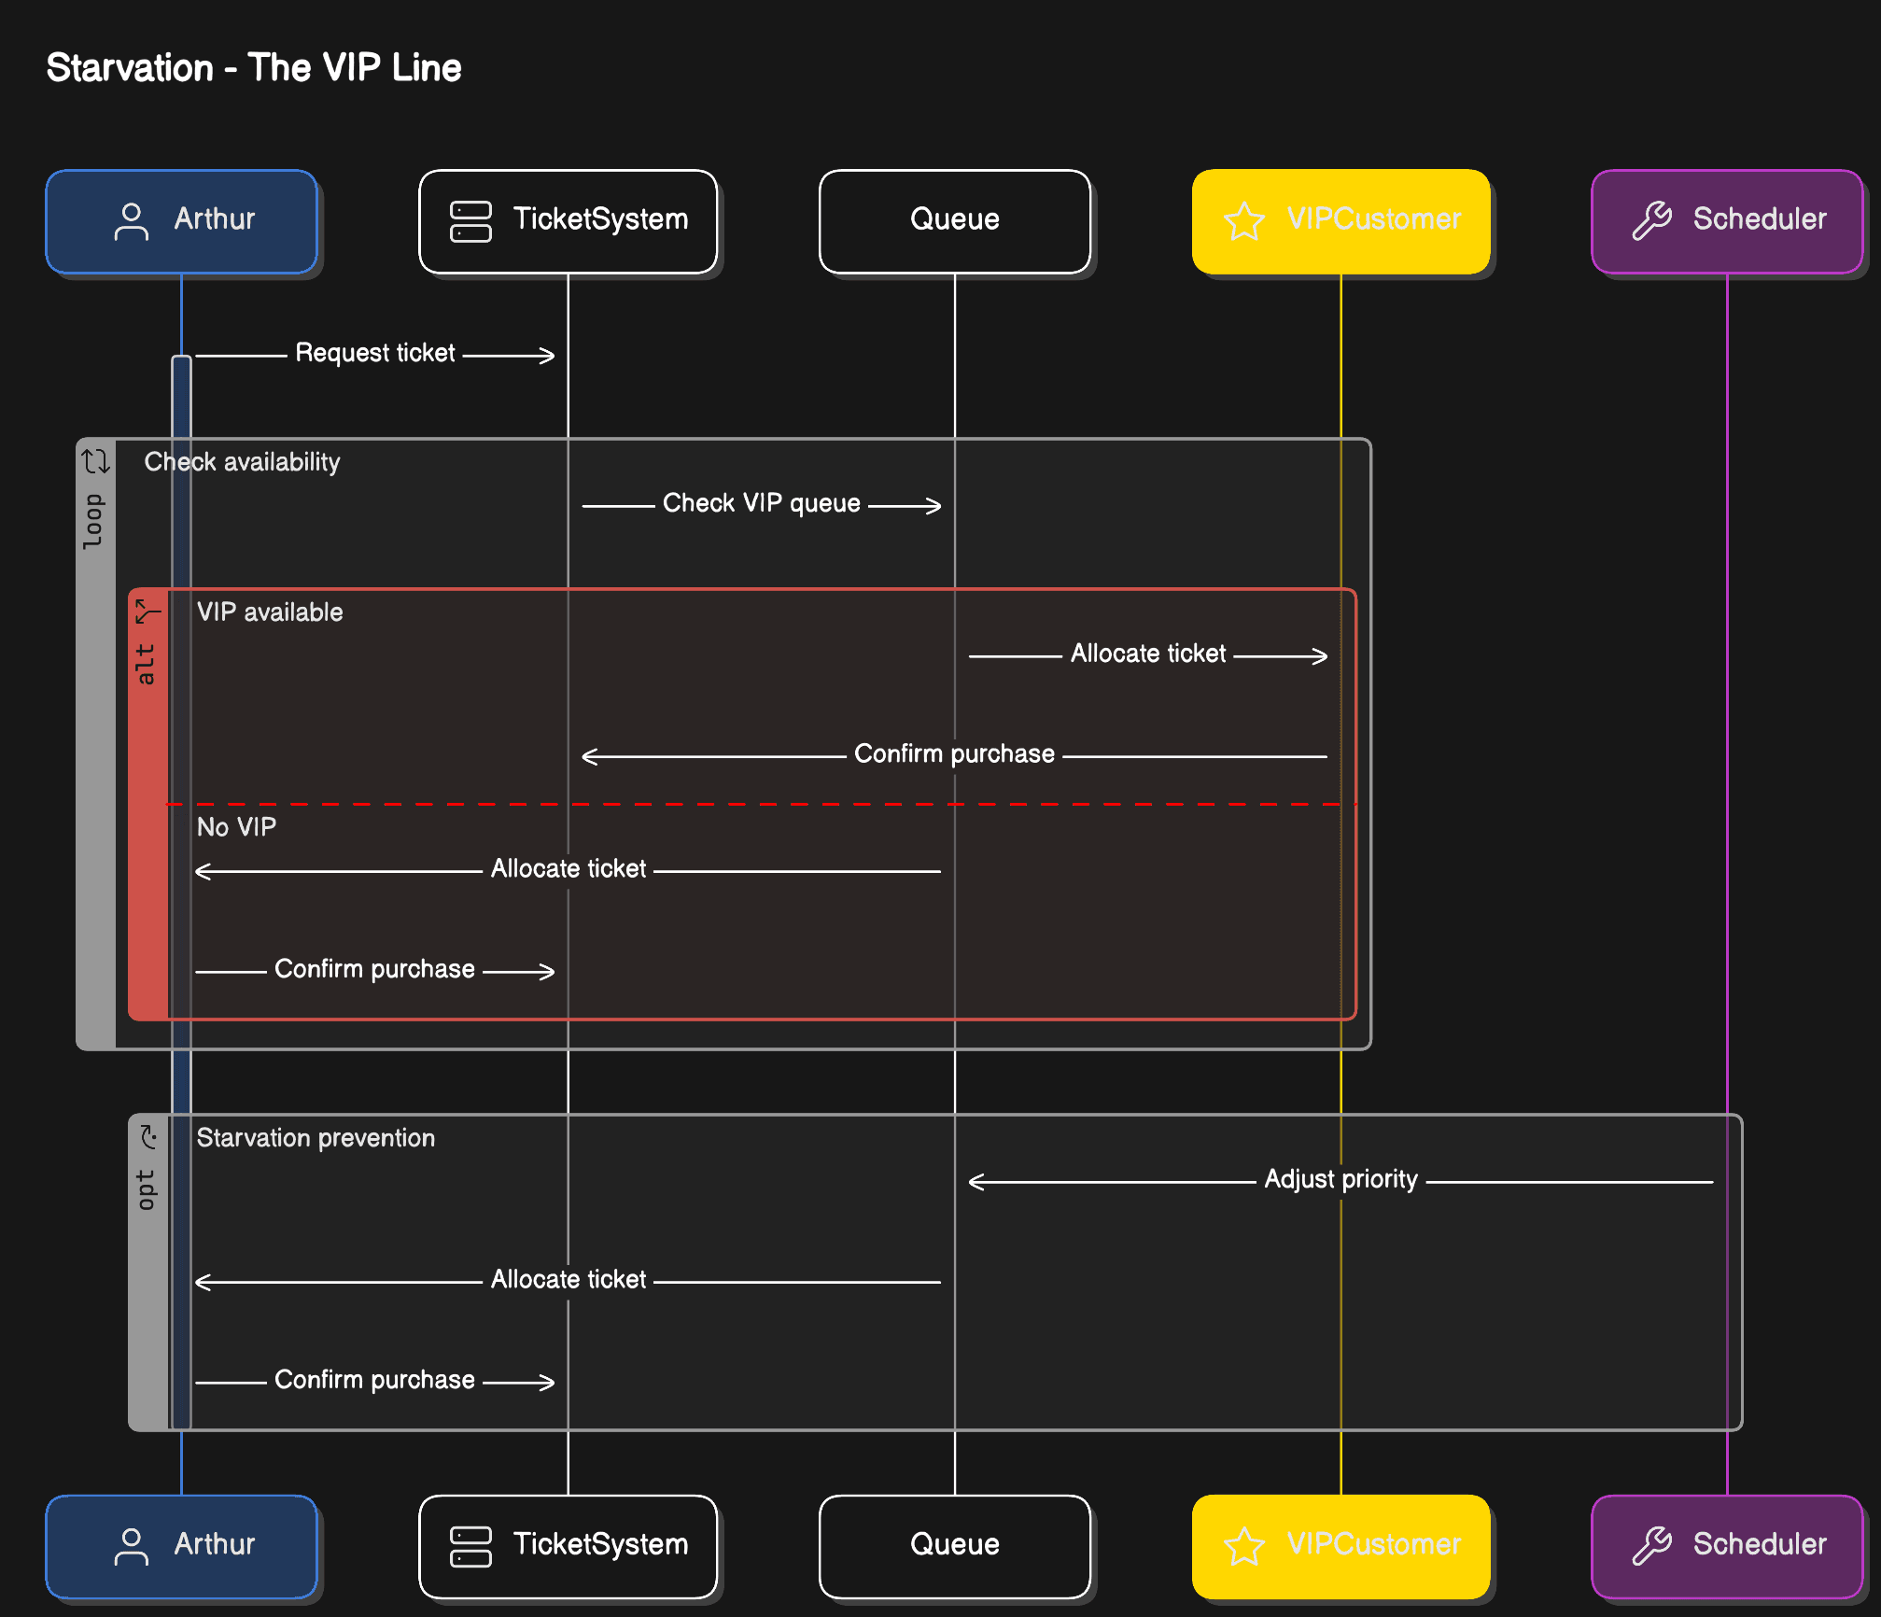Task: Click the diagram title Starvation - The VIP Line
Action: coord(253,68)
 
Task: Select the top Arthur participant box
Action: coord(181,221)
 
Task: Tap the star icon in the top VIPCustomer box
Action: coord(1243,221)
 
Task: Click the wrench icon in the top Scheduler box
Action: coord(1651,221)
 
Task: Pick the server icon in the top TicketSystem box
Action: coord(470,221)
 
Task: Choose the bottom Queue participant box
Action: coord(954,1546)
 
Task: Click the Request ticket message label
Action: coord(375,353)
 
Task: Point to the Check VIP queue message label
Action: coord(761,503)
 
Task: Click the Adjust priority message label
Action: coord(1341,1179)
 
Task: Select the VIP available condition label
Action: coord(270,612)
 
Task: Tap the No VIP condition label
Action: coord(236,827)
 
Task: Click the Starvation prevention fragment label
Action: coord(316,1138)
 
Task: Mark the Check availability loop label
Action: coord(242,462)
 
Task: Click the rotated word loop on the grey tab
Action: coord(93,521)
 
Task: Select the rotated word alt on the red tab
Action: coord(146,664)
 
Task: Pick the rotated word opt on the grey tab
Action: coord(146,1189)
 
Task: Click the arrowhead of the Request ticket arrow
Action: coord(549,356)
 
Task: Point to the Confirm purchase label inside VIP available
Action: coord(954,754)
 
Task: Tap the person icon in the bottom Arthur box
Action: coord(131,1546)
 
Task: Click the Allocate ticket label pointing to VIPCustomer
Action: coord(1147,654)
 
